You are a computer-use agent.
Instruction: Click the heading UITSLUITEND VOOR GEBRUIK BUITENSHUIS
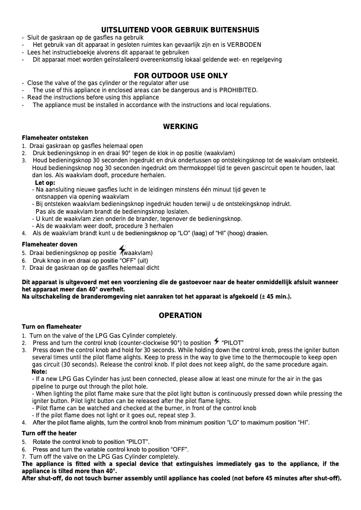(180, 30)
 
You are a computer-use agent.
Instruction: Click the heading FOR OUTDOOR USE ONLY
(180, 76)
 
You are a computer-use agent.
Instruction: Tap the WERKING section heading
(180, 127)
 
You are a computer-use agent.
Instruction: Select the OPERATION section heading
(180, 316)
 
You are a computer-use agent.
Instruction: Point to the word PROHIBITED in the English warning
(238, 90)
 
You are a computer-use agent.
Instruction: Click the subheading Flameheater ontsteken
(55, 138)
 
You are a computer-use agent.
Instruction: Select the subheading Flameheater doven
(50, 245)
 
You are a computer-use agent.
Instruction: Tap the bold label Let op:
(45, 183)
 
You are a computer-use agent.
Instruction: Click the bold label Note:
(40, 372)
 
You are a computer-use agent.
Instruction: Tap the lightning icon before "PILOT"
(217, 342)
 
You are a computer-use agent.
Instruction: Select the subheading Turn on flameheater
(52, 327)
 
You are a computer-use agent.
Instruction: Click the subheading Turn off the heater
(50, 433)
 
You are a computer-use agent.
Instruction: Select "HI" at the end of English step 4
(303, 423)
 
